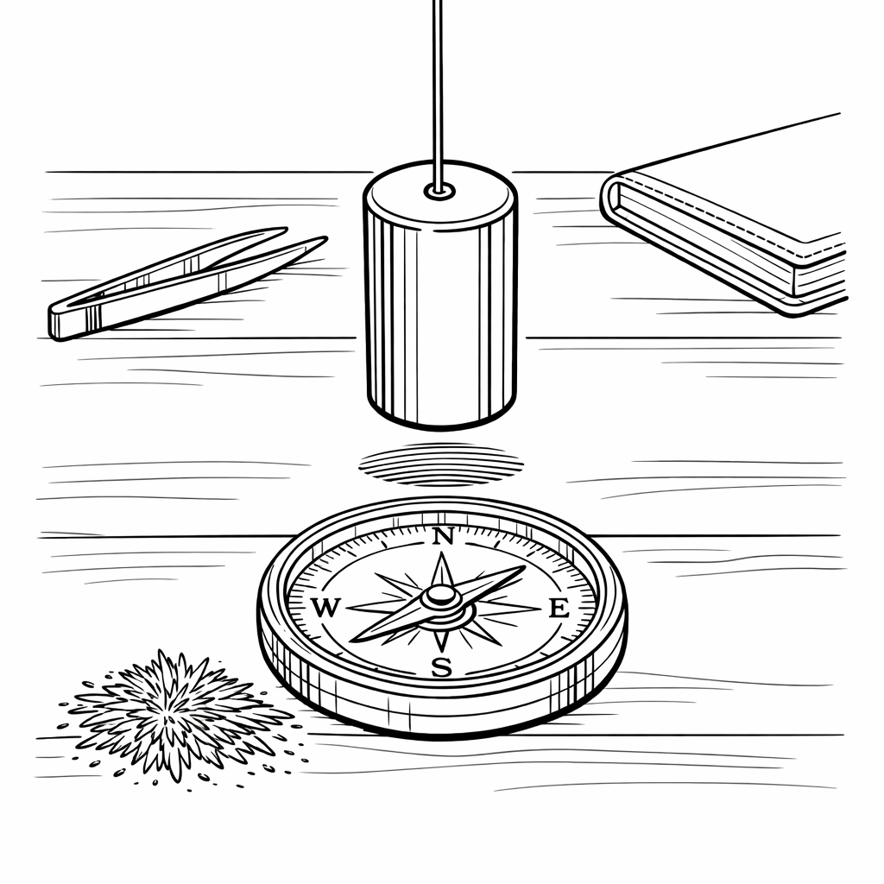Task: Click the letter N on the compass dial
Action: point(443,537)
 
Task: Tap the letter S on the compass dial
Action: point(442,667)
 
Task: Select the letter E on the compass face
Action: point(559,609)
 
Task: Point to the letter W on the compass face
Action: point(325,608)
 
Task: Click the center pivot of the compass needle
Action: point(441,596)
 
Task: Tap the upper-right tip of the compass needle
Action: point(524,567)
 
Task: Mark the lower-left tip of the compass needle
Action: point(352,641)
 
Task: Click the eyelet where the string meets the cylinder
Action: point(439,191)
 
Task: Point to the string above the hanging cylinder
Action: point(439,93)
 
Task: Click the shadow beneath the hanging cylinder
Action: point(441,464)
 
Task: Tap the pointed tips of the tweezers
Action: point(307,239)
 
